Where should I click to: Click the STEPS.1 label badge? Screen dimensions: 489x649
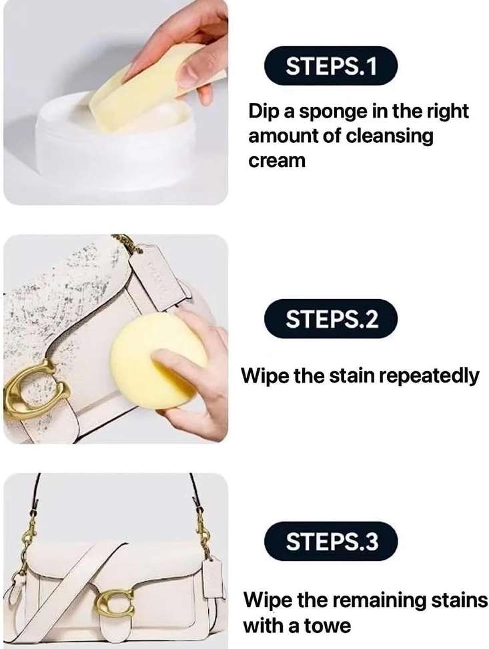(x=331, y=66)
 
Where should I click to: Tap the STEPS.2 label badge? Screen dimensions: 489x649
(x=331, y=318)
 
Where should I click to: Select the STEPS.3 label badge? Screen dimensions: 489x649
(x=331, y=541)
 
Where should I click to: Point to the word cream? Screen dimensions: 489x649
(x=277, y=161)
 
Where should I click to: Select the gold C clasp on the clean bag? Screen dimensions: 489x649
(x=115, y=602)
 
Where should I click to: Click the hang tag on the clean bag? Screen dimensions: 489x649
(x=213, y=578)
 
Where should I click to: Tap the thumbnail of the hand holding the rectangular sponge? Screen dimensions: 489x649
(x=115, y=101)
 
